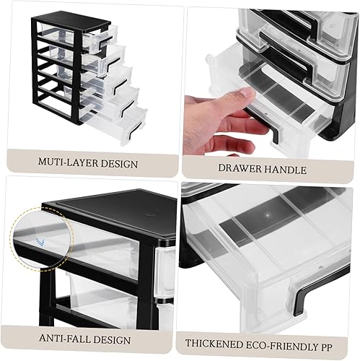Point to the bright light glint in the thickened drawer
pos(268,217)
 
